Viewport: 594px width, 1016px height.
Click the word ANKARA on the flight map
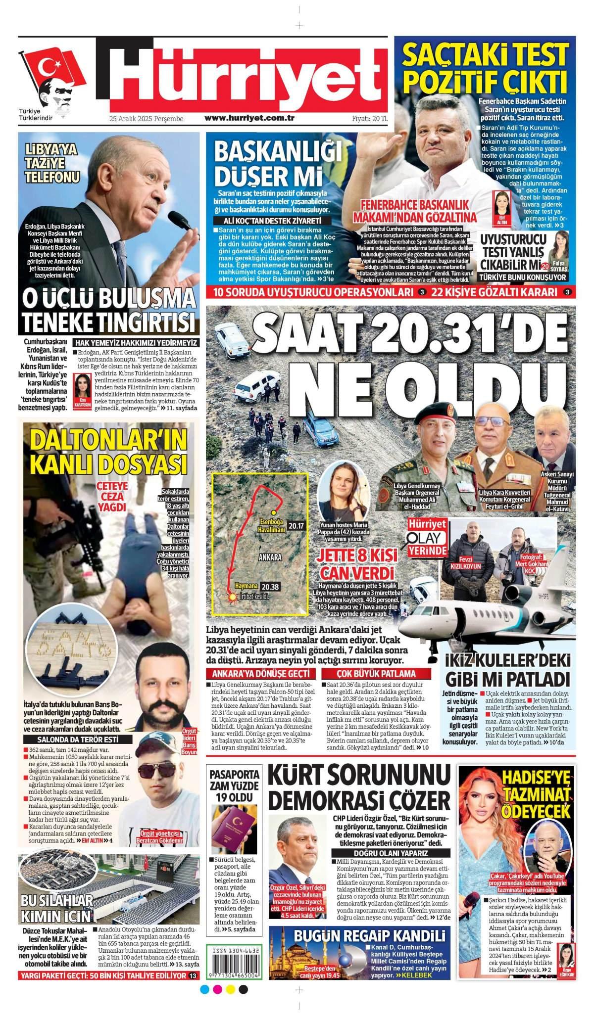pyautogui.click(x=270, y=556)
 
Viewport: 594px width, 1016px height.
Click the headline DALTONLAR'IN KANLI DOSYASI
pyautogui.click(x=108, y=453)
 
